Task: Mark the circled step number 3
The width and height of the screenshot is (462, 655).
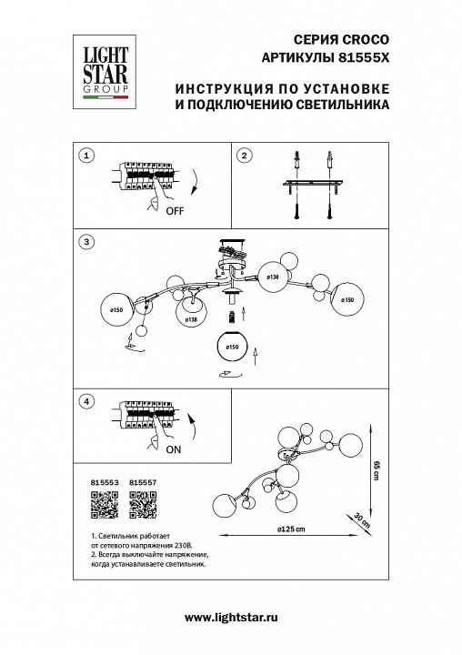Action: click(85, 242)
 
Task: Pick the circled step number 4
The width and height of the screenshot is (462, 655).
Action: click(85, 400)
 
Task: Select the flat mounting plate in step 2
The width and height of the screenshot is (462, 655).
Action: click(311, 186)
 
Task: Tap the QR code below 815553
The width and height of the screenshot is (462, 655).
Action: click(105, 505)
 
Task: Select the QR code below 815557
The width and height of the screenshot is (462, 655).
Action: click(143, 505)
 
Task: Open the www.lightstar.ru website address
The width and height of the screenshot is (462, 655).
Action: click(231, 618)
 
